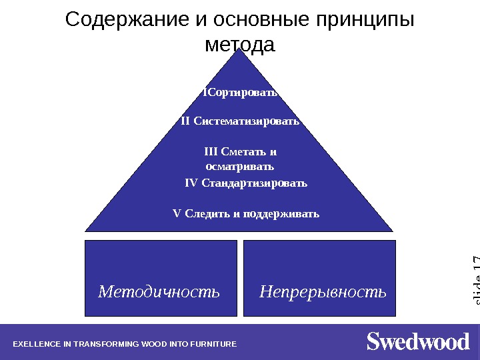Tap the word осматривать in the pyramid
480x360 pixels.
240,165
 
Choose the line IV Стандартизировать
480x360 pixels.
246,183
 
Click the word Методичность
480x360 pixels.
159,291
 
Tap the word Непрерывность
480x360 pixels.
323,291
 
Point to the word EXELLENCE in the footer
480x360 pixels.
36,345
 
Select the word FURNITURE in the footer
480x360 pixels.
215,345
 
